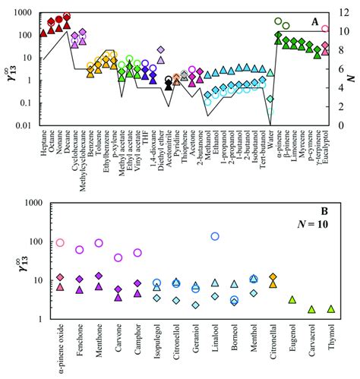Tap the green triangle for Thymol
[x=330, y=309]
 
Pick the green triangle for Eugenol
[x=292, y=300]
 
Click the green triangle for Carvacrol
[x=311, y=309]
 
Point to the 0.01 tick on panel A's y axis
[x=28, y=125]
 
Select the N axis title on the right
[x=355, y=69]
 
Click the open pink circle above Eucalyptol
[x=325, y=30]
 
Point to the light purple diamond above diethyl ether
[x=161, y=50]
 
